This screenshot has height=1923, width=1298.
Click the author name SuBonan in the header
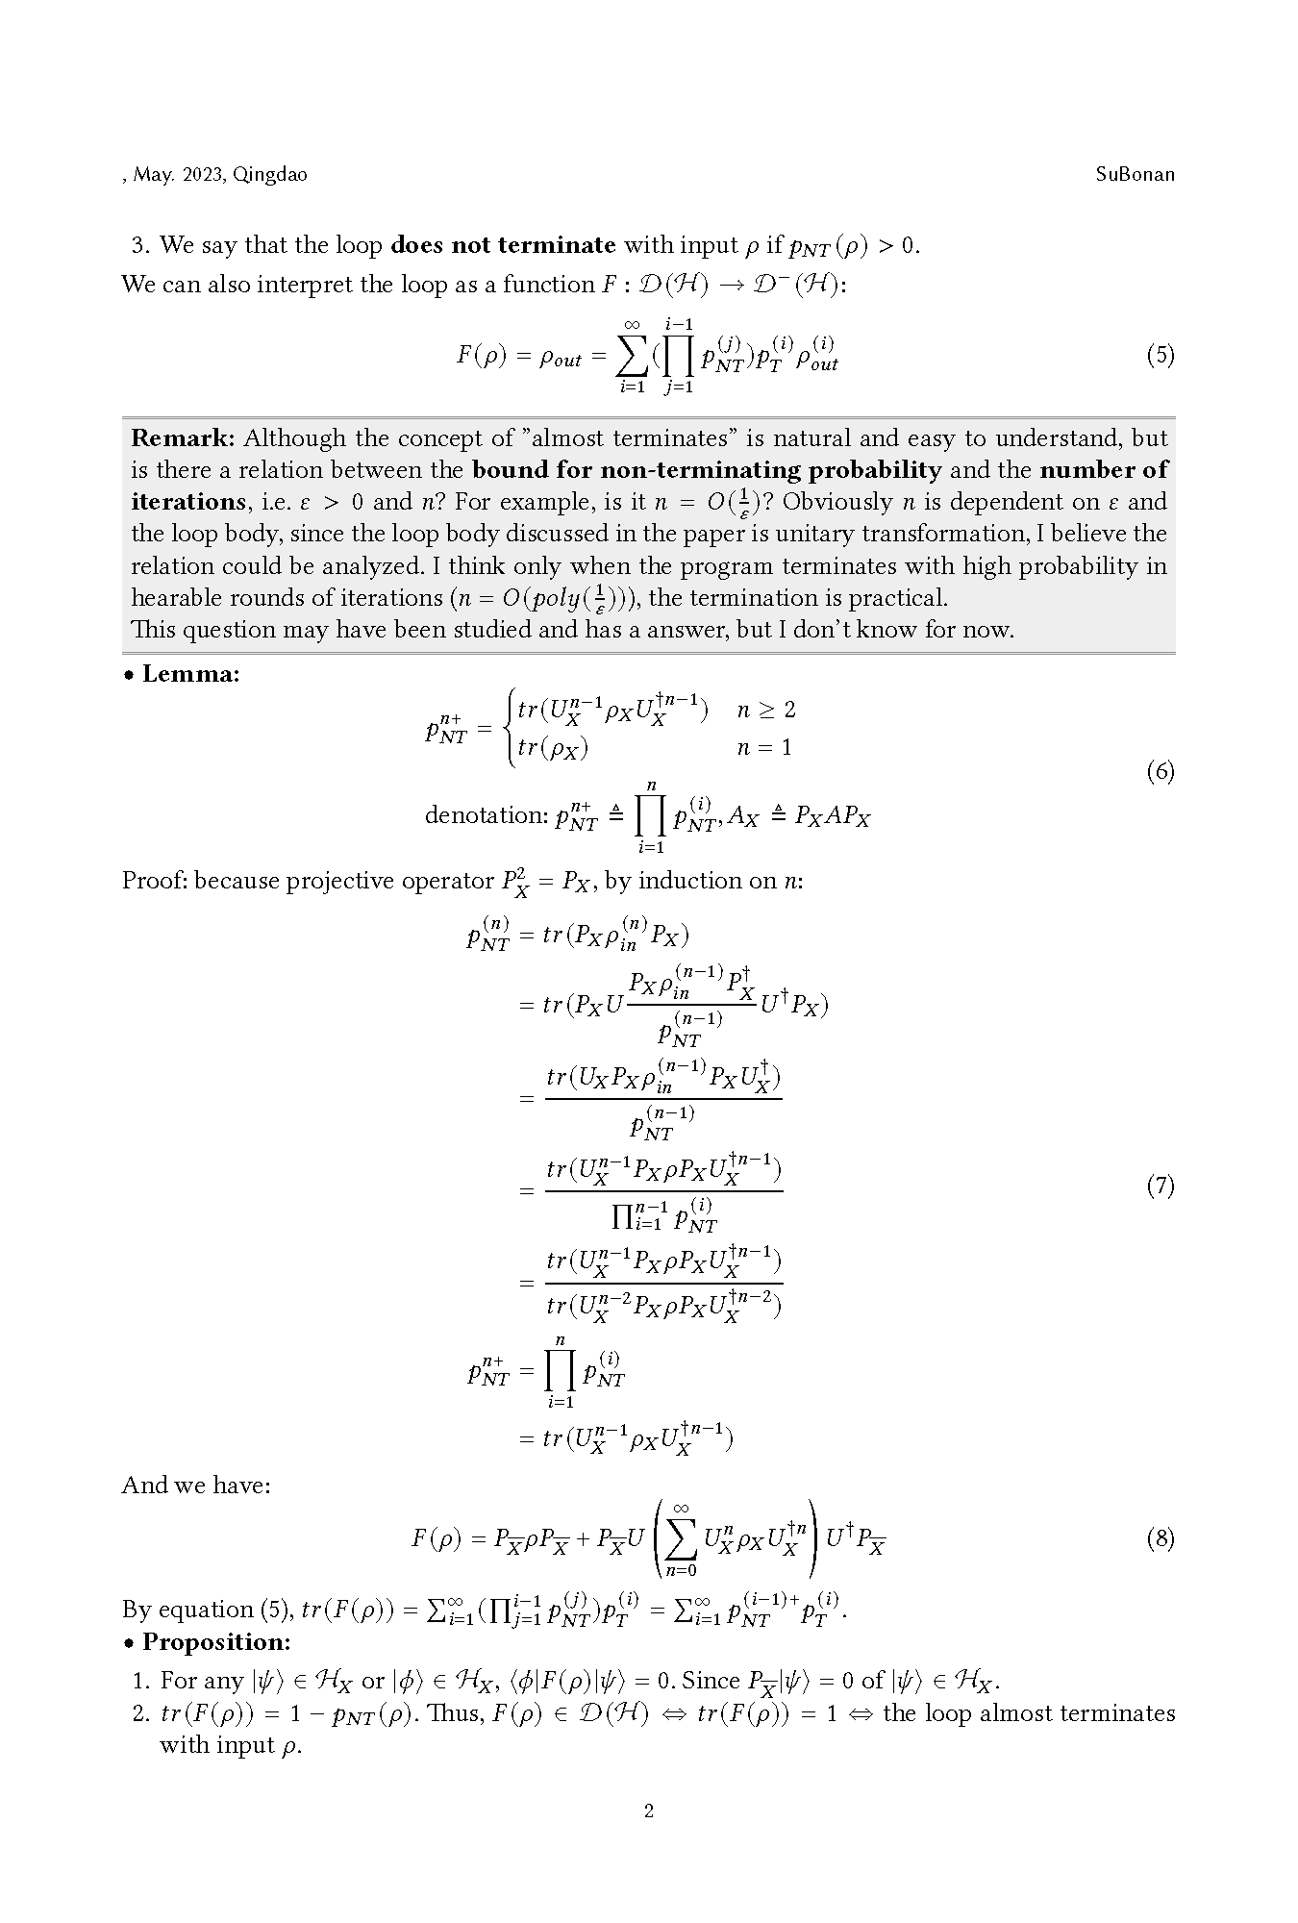pos(1135,174)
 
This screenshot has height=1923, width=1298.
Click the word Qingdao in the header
pos(270,175)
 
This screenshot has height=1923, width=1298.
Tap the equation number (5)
pos(1160,356)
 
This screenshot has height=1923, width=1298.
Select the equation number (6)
pos(1160,771)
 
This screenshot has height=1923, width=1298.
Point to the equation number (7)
pos(1160,1186)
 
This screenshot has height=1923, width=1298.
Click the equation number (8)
pos(1160,1538)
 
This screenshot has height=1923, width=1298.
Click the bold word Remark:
pos(183,438)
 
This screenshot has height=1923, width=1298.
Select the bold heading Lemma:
pos(190,674)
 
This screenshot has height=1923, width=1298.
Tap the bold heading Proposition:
pos(216,1641)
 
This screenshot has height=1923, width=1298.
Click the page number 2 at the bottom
pos(649,1811)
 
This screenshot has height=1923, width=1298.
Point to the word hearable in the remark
pos(178,598)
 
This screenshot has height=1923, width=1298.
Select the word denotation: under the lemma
pos(487,815)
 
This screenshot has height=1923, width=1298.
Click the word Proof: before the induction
pos(155,881)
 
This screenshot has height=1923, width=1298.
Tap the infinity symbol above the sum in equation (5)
pos(632,325)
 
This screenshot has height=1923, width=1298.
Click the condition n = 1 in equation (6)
pos(764,747)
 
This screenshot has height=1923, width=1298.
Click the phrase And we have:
pos(196,1486)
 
